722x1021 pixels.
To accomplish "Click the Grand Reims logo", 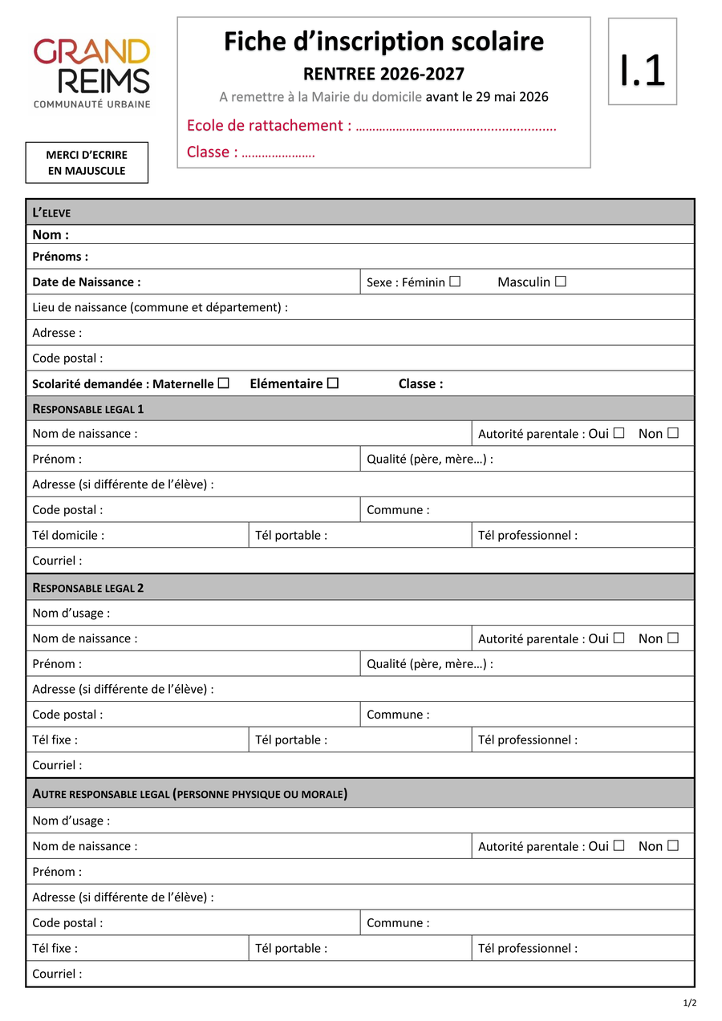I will (x=91, y=72).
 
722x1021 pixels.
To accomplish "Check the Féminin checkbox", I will (x=455, y=282).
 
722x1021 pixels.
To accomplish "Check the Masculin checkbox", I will (x=561, y=282).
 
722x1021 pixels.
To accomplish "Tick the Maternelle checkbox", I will (x=224, y=383).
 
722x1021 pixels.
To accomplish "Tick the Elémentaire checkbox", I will (x=333, y=383).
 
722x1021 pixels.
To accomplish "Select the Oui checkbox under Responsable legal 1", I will (x=619, y=433).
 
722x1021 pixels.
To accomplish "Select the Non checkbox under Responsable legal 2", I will (x=672, y=638).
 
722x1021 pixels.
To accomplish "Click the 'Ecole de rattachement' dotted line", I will (x=456, y=127).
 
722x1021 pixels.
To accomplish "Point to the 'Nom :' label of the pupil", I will (x=51, y=235).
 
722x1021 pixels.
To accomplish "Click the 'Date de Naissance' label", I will (x=87, y=282).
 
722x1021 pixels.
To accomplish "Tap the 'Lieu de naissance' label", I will (x=160, y=307).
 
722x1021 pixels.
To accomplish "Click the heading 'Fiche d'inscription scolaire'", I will (x=383, y=42).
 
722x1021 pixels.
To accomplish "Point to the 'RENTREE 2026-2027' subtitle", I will (x=383, y=75).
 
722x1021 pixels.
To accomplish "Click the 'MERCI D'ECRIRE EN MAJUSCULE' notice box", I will (x=87, y=163).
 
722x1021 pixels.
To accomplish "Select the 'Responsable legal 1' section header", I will (x=88, y=409).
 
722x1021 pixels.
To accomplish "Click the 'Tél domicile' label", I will (x=68, y=535).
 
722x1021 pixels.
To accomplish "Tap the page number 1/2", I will (x=690, y=1003).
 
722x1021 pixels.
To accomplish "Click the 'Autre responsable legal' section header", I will (x=189, y=794).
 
